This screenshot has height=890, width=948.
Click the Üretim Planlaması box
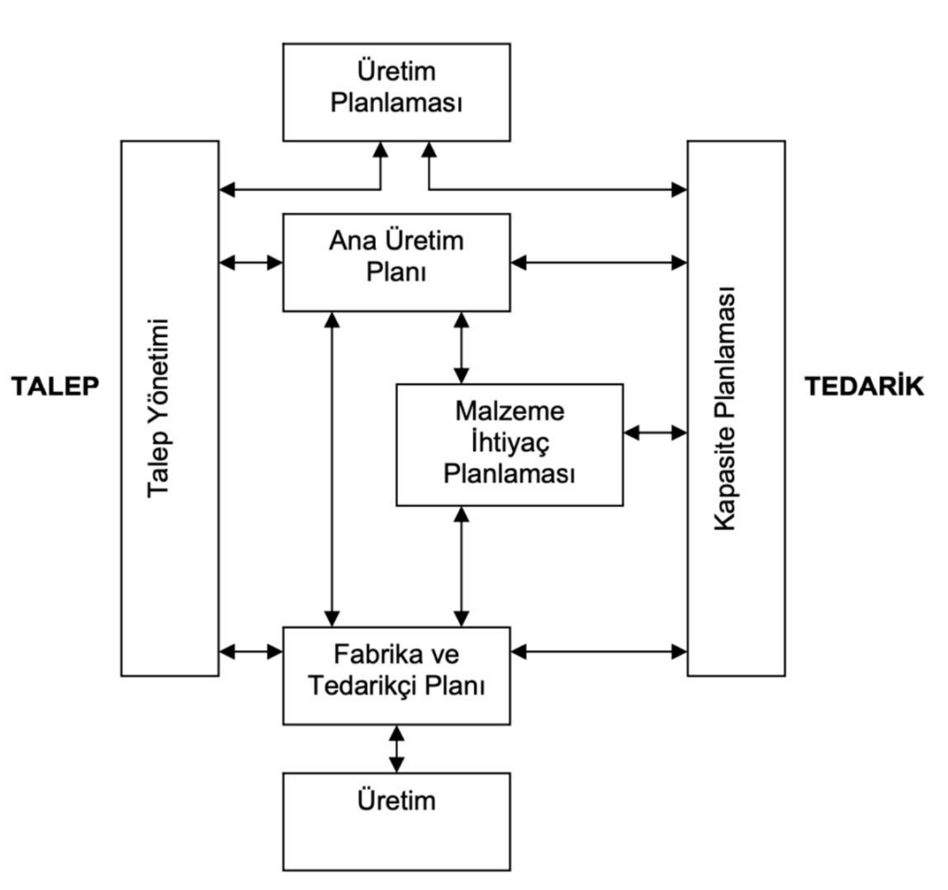397,91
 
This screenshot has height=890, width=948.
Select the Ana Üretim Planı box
397,261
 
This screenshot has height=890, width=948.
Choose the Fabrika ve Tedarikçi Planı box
397,673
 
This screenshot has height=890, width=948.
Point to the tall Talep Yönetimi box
170,407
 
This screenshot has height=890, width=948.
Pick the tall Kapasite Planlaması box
736,407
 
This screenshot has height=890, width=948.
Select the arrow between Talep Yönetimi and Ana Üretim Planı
251,262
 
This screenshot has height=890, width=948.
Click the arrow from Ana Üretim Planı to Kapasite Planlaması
600,262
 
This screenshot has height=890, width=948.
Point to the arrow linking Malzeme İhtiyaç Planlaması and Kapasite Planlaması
655,432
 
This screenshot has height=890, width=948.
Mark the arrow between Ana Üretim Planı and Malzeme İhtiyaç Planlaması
461,346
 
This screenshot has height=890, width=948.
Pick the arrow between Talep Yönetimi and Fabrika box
251,651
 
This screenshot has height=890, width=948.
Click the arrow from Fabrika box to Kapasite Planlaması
600,651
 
